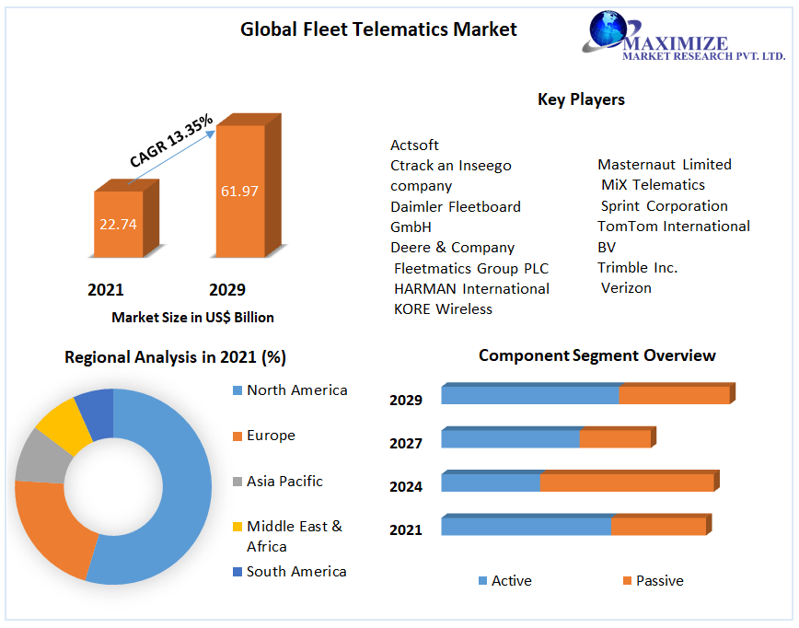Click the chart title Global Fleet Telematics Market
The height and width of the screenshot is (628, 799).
(x=378, y=29)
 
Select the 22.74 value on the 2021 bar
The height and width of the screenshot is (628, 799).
(x=120, y=224)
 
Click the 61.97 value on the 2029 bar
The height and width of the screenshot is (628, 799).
(x=239, y=192)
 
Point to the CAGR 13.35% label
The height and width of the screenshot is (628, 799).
(x=171, y=140)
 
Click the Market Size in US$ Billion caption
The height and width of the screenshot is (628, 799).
(x=192, y=318)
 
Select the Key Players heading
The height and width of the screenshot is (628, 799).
(x=581, y=99)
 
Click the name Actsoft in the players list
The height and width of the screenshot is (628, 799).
(x=414, y=145)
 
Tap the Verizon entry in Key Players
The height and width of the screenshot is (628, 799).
(x=626, y=288)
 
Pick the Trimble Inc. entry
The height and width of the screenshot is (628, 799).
(x=637, y=268)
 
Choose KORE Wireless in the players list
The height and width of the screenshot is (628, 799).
(x=443, y=309)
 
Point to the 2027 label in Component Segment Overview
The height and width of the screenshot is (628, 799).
(x=406, y=444)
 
